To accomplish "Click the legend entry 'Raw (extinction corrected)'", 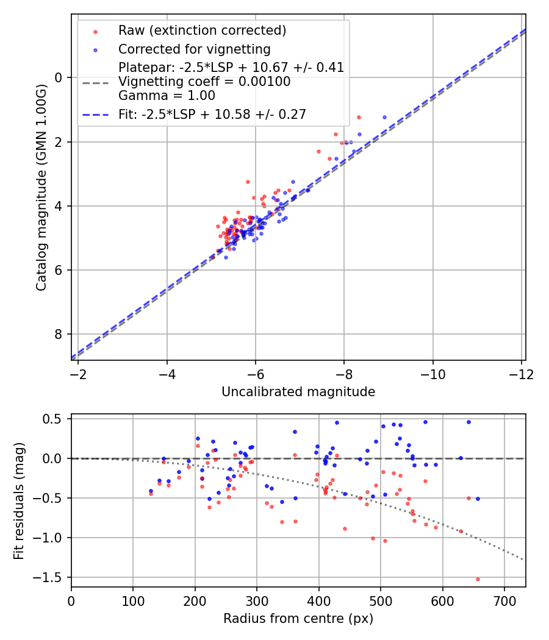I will point(202,30).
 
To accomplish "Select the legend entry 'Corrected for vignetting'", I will point(194,49).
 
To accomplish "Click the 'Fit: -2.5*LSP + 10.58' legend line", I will point(212,114).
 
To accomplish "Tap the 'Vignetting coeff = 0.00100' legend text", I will point(204,82).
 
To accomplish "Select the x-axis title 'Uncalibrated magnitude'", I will point(298,391).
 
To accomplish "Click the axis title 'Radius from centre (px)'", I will point(298,619).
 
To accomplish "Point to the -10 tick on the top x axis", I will point(432,373).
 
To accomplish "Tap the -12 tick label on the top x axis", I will point(521,373).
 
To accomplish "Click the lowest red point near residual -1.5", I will point(478,579).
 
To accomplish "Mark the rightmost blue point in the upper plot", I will point(384,117).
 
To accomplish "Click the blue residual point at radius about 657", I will point(478,499).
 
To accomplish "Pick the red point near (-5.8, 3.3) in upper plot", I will point(248,182).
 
